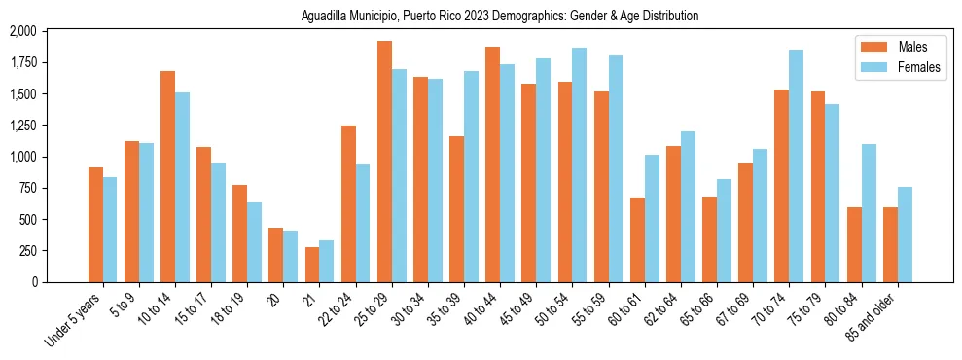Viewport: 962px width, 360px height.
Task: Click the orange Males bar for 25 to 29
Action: [x=384, y=162]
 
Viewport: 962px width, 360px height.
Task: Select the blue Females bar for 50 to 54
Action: [x=579, y=164]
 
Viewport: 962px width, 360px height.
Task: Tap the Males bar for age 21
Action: [x=312, y=265]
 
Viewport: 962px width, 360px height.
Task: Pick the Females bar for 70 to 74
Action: [x=796, y=165]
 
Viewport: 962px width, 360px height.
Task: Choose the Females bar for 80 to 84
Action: [x=869, y=213]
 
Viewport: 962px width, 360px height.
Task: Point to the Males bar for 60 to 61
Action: [x=637, y=239]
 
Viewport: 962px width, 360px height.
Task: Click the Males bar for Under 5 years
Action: [x=95, y=225]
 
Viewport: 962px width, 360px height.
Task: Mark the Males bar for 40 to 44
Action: [x=492, y=164]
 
